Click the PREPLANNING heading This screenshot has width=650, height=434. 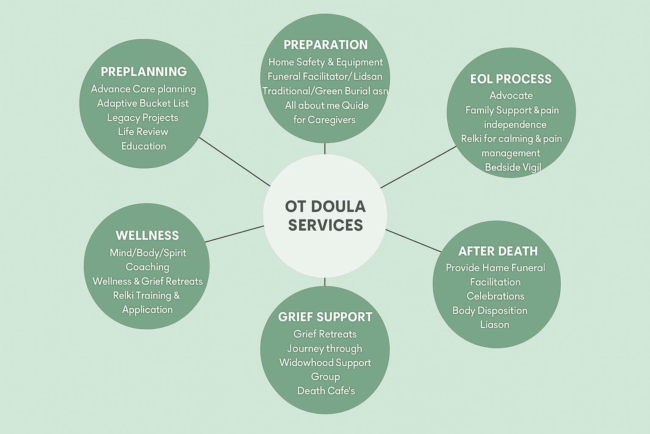pyautogui.click(x=143, y=72)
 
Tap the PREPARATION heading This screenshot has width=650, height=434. pyautogui.click(x=325, y=45)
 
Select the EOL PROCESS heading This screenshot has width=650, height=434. pyautogui.click(x=511, y=79)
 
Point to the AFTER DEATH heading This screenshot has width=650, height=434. pyautogui.click(x=498, y=251)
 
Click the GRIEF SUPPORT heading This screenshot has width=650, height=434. pyautogui.click(x=325, y=317)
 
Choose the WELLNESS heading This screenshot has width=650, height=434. pyautogui.click(x=147, y=235)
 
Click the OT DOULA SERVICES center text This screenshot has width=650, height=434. pyautogui.click(x=325, y=215)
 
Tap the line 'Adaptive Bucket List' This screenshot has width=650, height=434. pyautogui.click(x=143, y=103)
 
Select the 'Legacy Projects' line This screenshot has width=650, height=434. pyautogui.click(x=143, y=117)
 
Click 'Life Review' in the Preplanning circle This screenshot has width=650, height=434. pyautogui.click(x=143, y=131)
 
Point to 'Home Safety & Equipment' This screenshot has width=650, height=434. pyautogui.click(x=325, y=62)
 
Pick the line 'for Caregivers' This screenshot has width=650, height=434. pyautogui.click(x=325, y=120)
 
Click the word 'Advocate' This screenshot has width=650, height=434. pyautogui.click(x=511, y=95)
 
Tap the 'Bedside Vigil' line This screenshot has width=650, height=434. pyautogui.click(x=513, y=167)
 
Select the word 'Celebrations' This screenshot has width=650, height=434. pyautogui.click(x=495, y=296)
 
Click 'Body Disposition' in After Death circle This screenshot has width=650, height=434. pyautogui.click(x=490, y=310)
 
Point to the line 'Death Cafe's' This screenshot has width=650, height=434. pyautogui.click(x=326, y=390)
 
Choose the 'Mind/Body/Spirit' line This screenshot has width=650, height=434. pyautogui.click(x=148, y=253)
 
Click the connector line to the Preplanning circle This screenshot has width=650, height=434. pyautogui.click(x=234, y=161)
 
